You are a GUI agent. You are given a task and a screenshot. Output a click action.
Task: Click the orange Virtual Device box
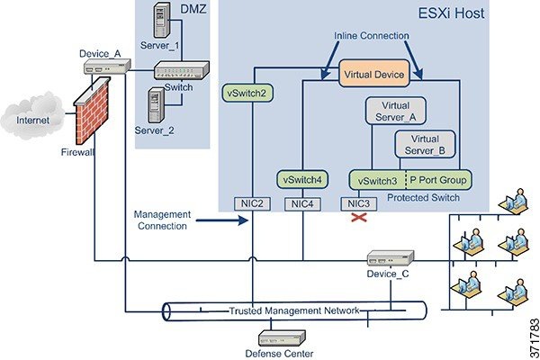pos(374,73)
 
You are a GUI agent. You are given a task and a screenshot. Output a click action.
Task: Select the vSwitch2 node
pos(247,93)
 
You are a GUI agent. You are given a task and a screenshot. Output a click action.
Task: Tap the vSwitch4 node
pos(302,179)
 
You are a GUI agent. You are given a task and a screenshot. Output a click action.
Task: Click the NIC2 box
pos(252,204)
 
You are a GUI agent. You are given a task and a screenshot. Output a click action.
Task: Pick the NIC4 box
pos(302,204)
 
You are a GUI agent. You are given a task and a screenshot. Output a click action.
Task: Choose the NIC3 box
pos(358,204)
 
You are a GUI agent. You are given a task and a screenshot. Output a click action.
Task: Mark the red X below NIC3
pos(359,217)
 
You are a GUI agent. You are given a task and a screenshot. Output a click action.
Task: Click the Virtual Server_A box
pos(395,111)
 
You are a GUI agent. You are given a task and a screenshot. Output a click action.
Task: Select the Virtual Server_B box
pos(425,144)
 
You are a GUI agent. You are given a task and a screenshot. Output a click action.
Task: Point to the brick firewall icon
pos(92,110)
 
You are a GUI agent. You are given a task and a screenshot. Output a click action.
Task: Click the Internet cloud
pos(32,115)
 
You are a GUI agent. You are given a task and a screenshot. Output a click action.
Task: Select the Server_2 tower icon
pos(157,105)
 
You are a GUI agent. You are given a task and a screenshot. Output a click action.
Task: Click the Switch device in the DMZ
pos(182,70)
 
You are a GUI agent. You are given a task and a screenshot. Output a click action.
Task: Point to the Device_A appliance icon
pos(107,66)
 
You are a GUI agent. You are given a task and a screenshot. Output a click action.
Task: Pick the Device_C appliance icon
pos(391,258)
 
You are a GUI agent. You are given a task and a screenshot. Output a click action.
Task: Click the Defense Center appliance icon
pos(282,338)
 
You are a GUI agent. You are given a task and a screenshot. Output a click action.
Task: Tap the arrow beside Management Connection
pos(222,220)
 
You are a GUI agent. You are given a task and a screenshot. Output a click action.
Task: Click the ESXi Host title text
pos(451,13)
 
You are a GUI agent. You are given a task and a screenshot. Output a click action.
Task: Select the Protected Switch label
pos(423,198)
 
